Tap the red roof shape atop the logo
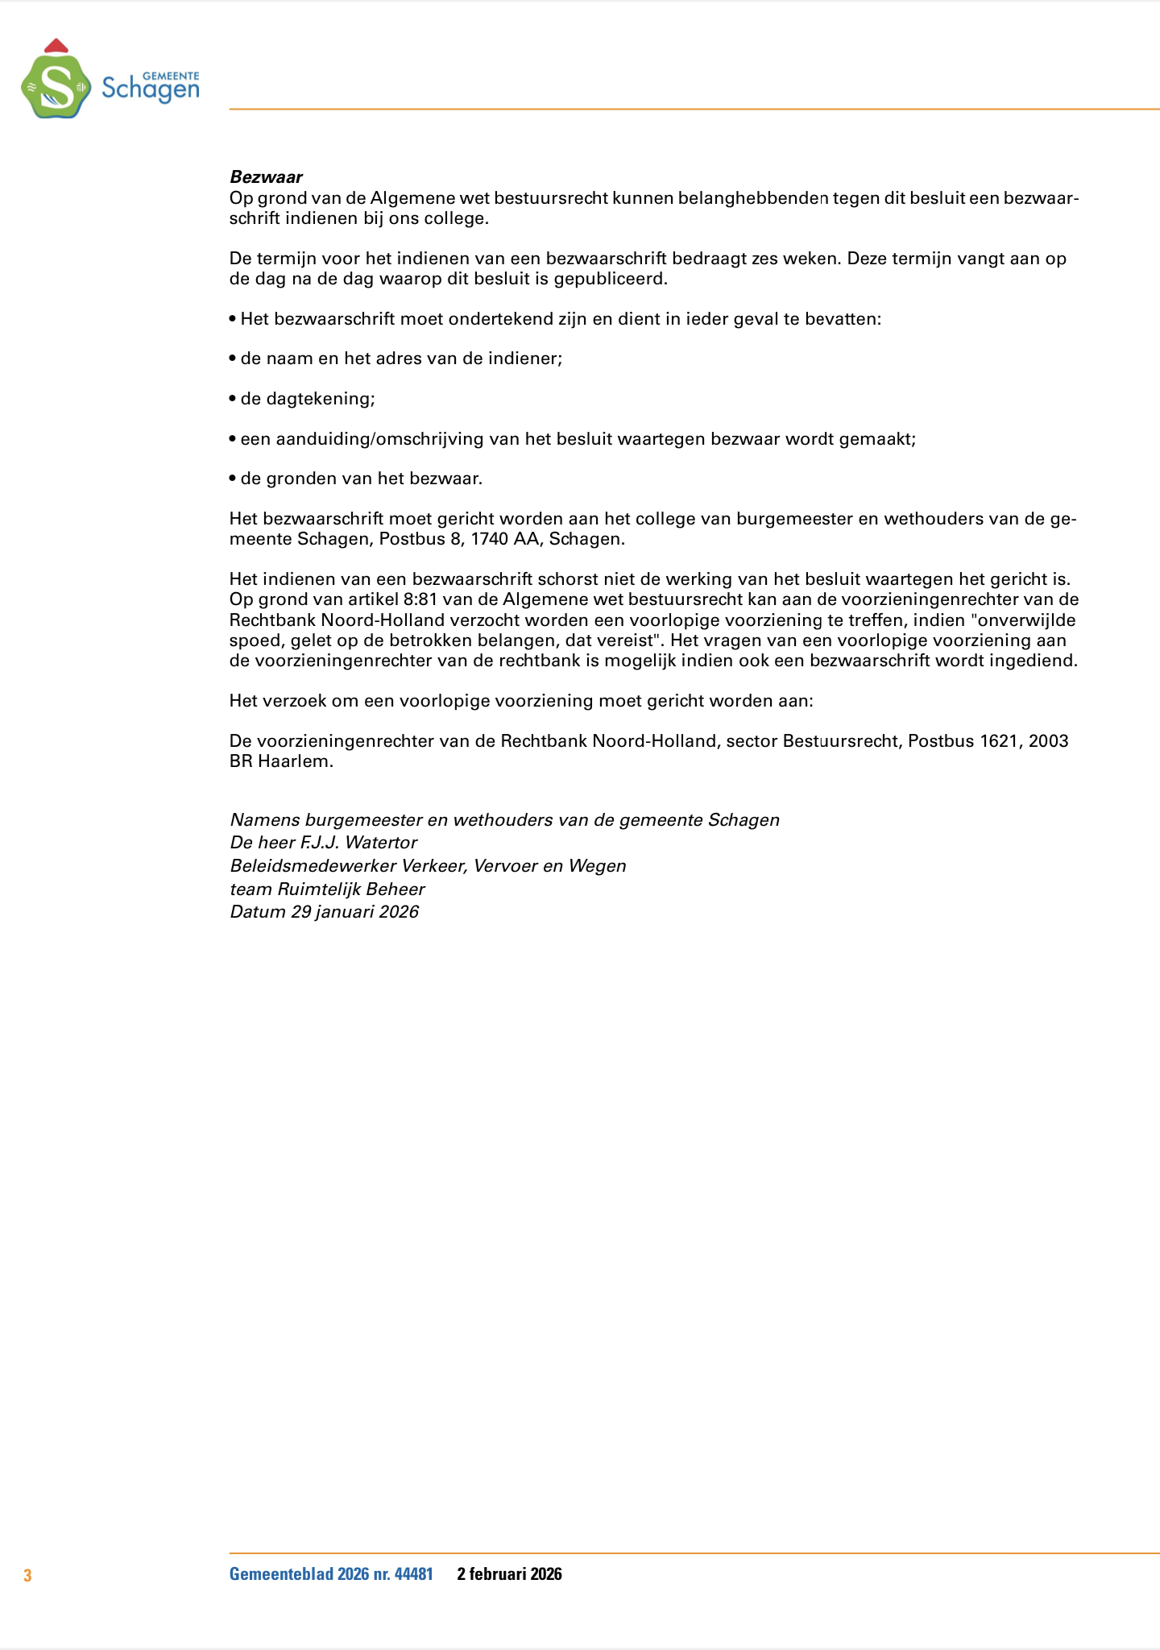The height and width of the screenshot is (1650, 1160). [56, 45]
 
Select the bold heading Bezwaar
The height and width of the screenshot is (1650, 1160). [266, 177]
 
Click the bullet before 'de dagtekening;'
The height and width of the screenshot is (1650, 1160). [233, 399]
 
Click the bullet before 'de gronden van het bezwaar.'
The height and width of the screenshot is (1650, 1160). [233, 479]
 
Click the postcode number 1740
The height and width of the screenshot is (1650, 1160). [491, 539]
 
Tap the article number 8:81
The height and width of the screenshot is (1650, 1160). [420, 599]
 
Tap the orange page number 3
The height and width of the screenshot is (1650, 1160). [27, 1575]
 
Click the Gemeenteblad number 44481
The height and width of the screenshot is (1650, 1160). [413, 1574]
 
